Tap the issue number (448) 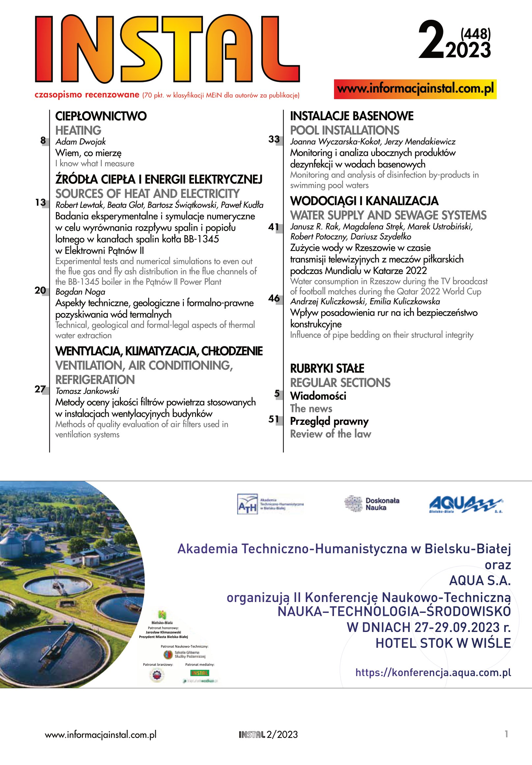[x=475, y=34]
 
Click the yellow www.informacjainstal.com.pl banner [x=415, y=89]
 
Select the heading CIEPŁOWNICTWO [x=101, y=116]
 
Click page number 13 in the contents [x=40, y=202]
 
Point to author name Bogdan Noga [x=80, y=292]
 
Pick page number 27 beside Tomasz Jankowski [x=40, y=389]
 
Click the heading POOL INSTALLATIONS [x=344, y=130]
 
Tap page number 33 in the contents [x=274, y=139]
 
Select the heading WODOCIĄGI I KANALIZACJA [x=364, y=201]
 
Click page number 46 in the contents [x=274, y=298]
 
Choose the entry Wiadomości [x=318, y=396]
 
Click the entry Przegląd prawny [x=329, y=421]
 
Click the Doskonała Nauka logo [x=371, y=504]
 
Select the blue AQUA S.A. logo [x=465, y=504]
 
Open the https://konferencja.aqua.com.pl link [x=433, y=672]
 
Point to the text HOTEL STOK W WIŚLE [x=443, y=643]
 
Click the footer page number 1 [x=506, y=734]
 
